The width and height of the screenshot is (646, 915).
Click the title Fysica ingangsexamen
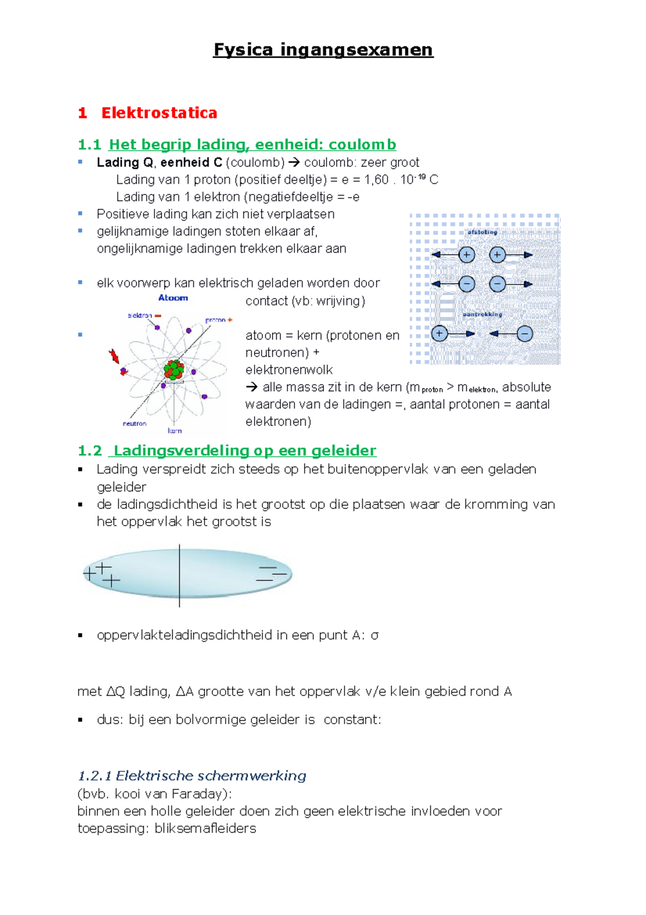click(x=323, y=50)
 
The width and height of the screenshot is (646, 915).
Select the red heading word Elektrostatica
click(x=159, y=113)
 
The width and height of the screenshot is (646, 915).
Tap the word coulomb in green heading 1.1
click(x=362, y=144)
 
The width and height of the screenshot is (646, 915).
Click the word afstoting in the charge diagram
click(x=482, y=232)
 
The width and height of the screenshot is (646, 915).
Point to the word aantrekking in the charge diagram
click(x=482, y=314)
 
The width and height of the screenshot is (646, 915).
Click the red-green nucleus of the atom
click(x=174, y=370)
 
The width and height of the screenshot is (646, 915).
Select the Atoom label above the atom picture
click(x=173, y=298)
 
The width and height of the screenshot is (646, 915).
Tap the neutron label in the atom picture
click(x=134, y=424)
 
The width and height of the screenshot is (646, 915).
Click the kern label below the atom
click(x=174, y=431)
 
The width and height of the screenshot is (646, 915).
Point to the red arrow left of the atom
click(x=114, y=356)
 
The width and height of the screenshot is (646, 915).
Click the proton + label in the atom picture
click(x=219, y=320)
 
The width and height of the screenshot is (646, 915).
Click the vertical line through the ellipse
click(x=179, y=576)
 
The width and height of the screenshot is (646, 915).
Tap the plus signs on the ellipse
click(x=102, y=574)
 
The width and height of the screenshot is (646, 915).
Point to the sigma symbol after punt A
click(x=375, y=635)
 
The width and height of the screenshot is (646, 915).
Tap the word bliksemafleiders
click(x=205, y=828)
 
